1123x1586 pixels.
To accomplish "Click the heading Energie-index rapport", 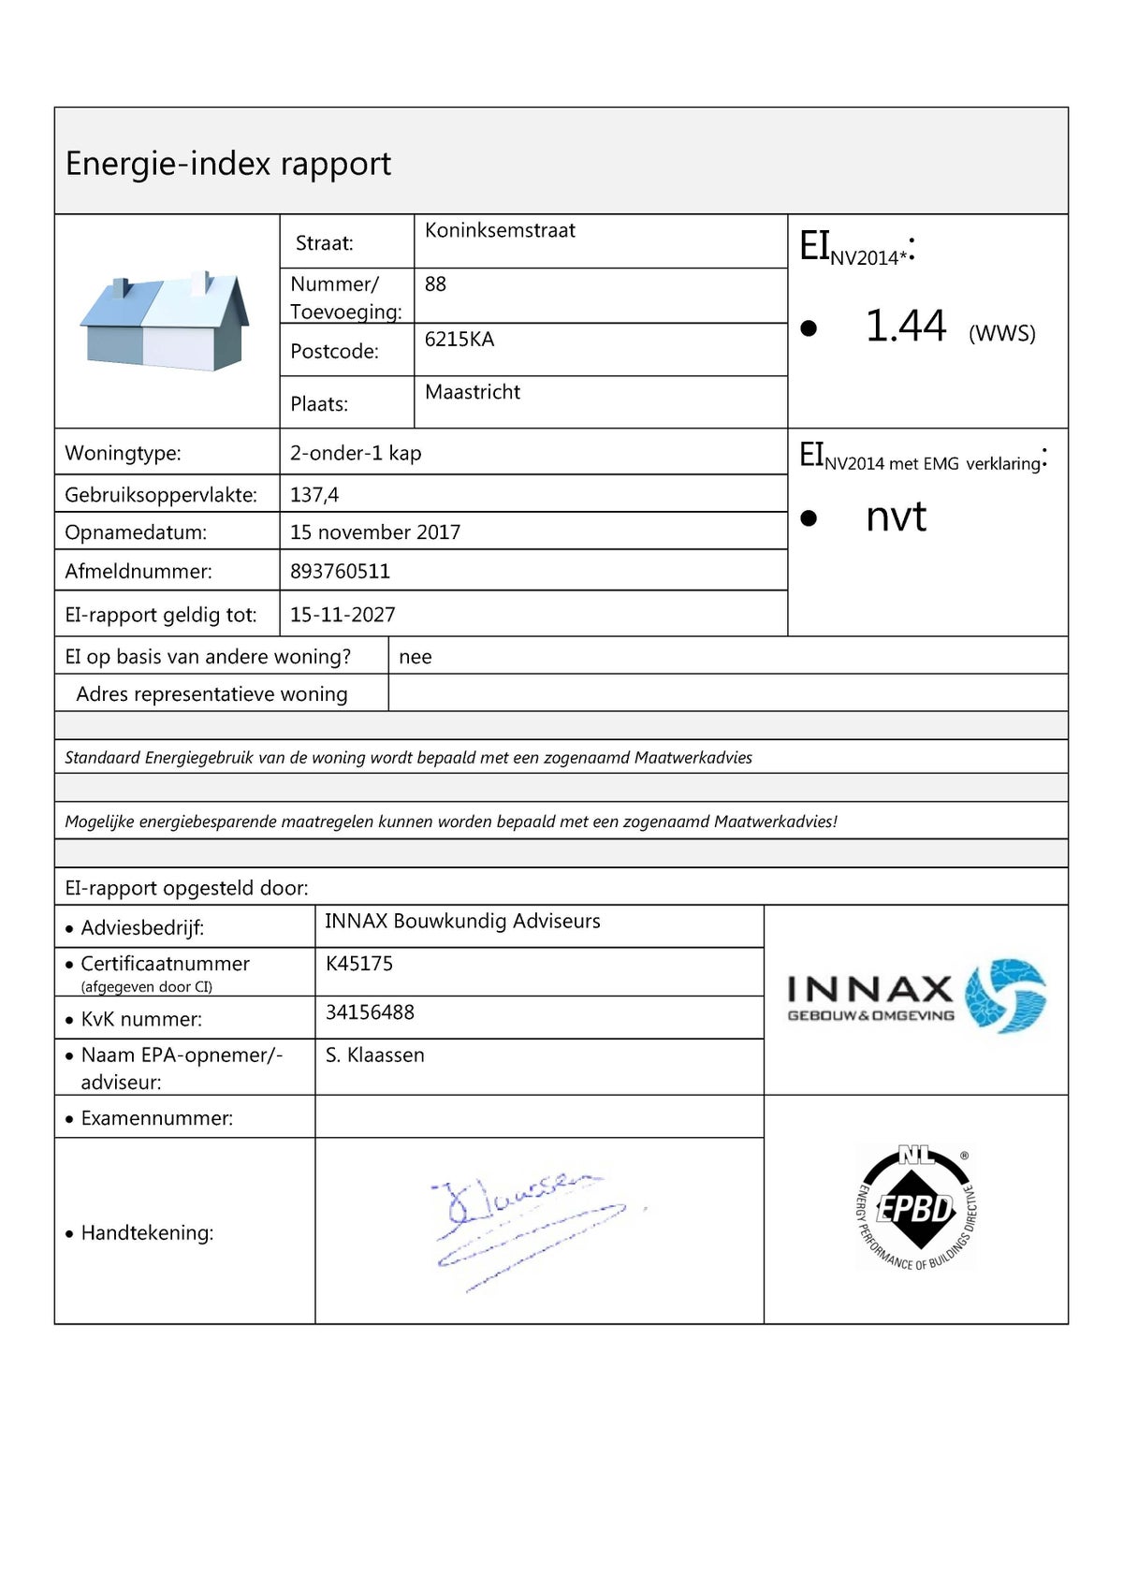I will (x=227, y=164).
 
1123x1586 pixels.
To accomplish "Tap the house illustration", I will (x=166, y=321).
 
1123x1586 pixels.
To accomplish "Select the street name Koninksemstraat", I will (x=500, y=230).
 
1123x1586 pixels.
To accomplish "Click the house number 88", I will (x=435, y=284).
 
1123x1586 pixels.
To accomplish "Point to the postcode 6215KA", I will (x=459, y=339).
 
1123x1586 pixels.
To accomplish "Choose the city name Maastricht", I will (x=472, y=392).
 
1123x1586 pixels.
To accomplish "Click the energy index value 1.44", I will (x=905, y=327).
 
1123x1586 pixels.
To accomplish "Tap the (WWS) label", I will (x=1001, y=333).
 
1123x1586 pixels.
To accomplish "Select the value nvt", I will (x=896, y=517).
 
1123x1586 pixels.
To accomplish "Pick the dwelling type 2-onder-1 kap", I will (x=356, y=453).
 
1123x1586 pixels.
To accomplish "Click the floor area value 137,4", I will (x=314, y=494).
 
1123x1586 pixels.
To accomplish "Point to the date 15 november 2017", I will (x=375, y=532).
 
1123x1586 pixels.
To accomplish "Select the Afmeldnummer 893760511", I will (x=340, y=571).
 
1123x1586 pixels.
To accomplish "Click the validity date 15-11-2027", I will (x=343, y=615).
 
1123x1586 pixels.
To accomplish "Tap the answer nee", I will (x=415, y=657).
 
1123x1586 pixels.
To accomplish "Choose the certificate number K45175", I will (x=359, y=964).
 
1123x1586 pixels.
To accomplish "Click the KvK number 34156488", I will (x=370, y=1012).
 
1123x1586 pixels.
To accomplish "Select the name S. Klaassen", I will (x=375, y=1055).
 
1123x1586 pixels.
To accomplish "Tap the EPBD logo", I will (x=916, y=1208).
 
